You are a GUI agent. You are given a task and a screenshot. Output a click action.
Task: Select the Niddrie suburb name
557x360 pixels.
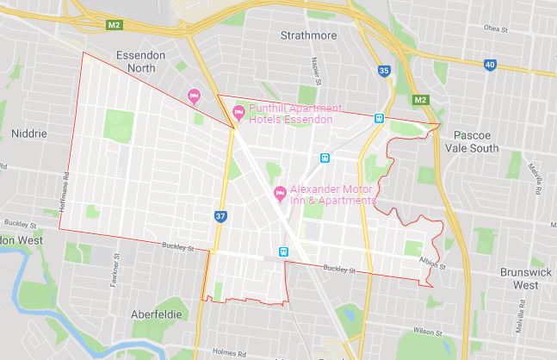click(x=28, y=134)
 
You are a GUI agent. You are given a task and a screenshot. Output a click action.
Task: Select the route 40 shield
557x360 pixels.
click(x=490, y=65)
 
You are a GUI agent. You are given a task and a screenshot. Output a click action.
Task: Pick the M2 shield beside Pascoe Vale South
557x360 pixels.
click(x=421, y=100)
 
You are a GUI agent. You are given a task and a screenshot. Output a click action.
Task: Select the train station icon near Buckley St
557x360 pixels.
click(x=282, y=251)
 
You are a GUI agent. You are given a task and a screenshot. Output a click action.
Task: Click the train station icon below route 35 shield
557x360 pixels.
click(x=379, y=119)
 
